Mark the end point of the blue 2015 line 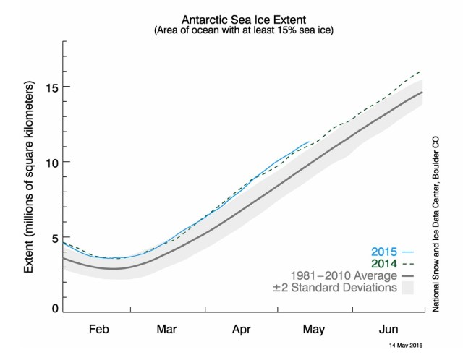(x=309, y=142)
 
